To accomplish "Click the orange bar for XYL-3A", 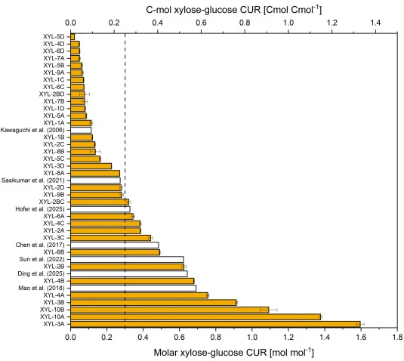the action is point(215,324).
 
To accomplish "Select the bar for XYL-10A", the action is point(196,316).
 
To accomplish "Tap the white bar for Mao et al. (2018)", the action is point(133,288).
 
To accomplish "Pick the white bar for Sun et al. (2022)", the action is point(127,259).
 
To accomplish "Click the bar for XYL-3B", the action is point(153,302).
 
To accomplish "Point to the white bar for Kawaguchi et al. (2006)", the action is point(81,130).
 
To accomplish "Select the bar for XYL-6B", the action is point(116,252).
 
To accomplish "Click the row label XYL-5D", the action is point(54,37).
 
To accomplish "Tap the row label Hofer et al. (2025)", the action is point(40,209).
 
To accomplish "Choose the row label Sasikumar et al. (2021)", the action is point(33,180).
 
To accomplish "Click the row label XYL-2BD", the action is point(52,94).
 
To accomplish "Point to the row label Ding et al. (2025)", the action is point(42,273).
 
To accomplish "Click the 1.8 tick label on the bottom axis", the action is point(397,337).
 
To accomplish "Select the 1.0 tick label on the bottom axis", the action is point(252,337).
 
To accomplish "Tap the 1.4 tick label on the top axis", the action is point(375,23).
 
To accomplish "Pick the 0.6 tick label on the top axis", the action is point(201,23).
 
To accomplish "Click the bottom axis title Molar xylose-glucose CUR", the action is point(211,352).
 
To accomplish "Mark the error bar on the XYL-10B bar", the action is point(269,310).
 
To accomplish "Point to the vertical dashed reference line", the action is point(125,180).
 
